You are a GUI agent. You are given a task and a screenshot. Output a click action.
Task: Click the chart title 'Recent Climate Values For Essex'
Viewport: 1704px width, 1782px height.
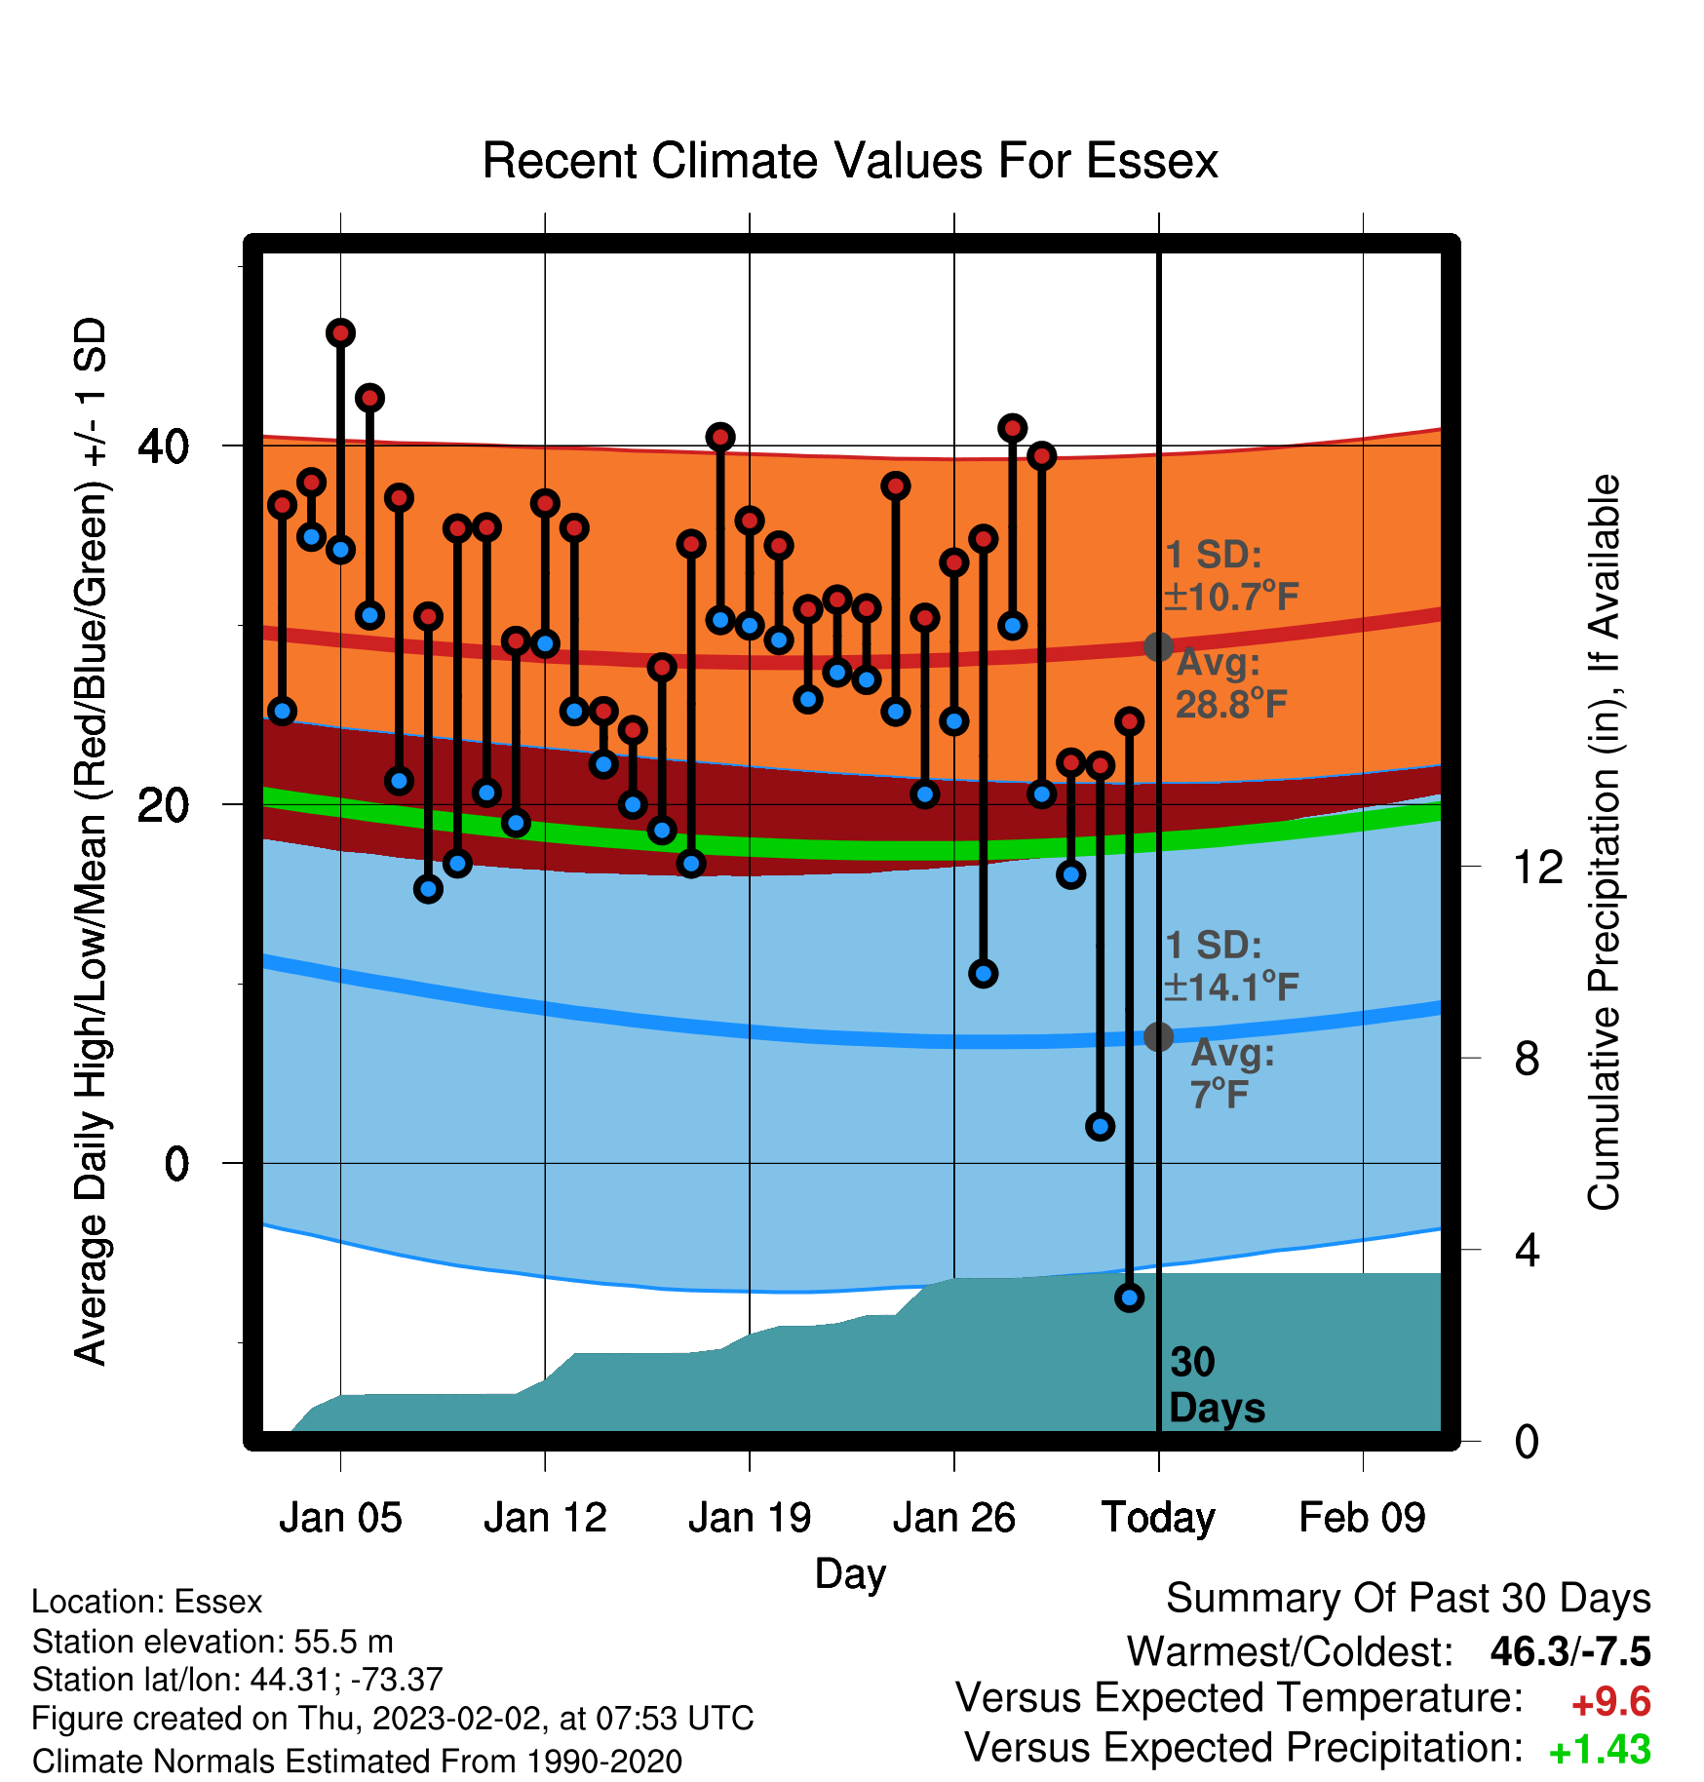(x=850, y=161)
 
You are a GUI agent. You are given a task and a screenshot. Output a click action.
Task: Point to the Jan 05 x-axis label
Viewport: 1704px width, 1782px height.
(x=340, y=1518)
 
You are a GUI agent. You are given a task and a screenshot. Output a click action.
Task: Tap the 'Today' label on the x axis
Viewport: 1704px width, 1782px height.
(x=1158, y=1519)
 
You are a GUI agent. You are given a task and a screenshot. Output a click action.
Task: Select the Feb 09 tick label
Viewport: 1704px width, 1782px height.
(x=1362, y=1518)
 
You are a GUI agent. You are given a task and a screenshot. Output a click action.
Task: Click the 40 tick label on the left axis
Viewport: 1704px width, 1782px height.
(x=164, y=446)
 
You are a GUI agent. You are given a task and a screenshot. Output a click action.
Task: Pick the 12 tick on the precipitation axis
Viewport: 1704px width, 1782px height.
(x=1538, y=867)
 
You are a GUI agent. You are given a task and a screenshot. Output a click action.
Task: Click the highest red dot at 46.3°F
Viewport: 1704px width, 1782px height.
(x=340, y=333)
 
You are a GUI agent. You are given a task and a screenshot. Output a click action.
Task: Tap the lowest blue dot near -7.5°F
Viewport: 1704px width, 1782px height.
(x=1129, y=1298)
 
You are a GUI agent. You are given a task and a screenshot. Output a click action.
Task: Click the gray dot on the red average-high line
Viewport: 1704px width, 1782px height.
(x=1158, y=646)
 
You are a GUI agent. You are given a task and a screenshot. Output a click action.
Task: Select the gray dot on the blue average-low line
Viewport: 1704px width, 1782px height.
(x=1158, y=1036)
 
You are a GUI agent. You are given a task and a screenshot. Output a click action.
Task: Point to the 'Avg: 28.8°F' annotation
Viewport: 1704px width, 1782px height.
(x=1231, y=683)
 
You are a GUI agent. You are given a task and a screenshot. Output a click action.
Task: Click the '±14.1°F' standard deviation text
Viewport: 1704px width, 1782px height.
(x=1231, y=988)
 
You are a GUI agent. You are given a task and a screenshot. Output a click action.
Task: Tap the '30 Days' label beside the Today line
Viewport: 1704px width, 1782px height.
(x=1217, y=1385)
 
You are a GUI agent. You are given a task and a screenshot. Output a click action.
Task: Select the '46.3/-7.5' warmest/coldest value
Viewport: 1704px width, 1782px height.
(x=1570, y=1651)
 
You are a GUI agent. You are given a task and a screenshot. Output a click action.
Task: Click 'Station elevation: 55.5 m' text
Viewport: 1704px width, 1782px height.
(x=213, y=1642)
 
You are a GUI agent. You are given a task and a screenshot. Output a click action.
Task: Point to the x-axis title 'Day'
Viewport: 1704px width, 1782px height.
(x=850, y=1574)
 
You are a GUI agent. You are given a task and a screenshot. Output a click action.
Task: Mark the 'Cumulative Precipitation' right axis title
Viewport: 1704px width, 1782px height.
(x=1603, y=842)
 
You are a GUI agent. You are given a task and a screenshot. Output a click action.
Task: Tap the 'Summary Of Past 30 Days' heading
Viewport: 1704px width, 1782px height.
(x=1409, y=1599)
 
